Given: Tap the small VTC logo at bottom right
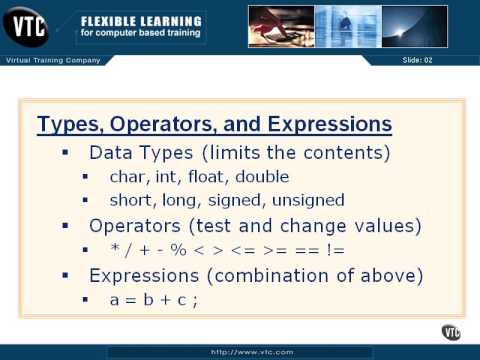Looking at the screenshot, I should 451,332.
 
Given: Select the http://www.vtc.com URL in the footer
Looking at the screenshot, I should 239,352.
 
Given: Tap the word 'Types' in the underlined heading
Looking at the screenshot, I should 66,125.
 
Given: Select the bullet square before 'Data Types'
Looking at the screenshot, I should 65,154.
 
